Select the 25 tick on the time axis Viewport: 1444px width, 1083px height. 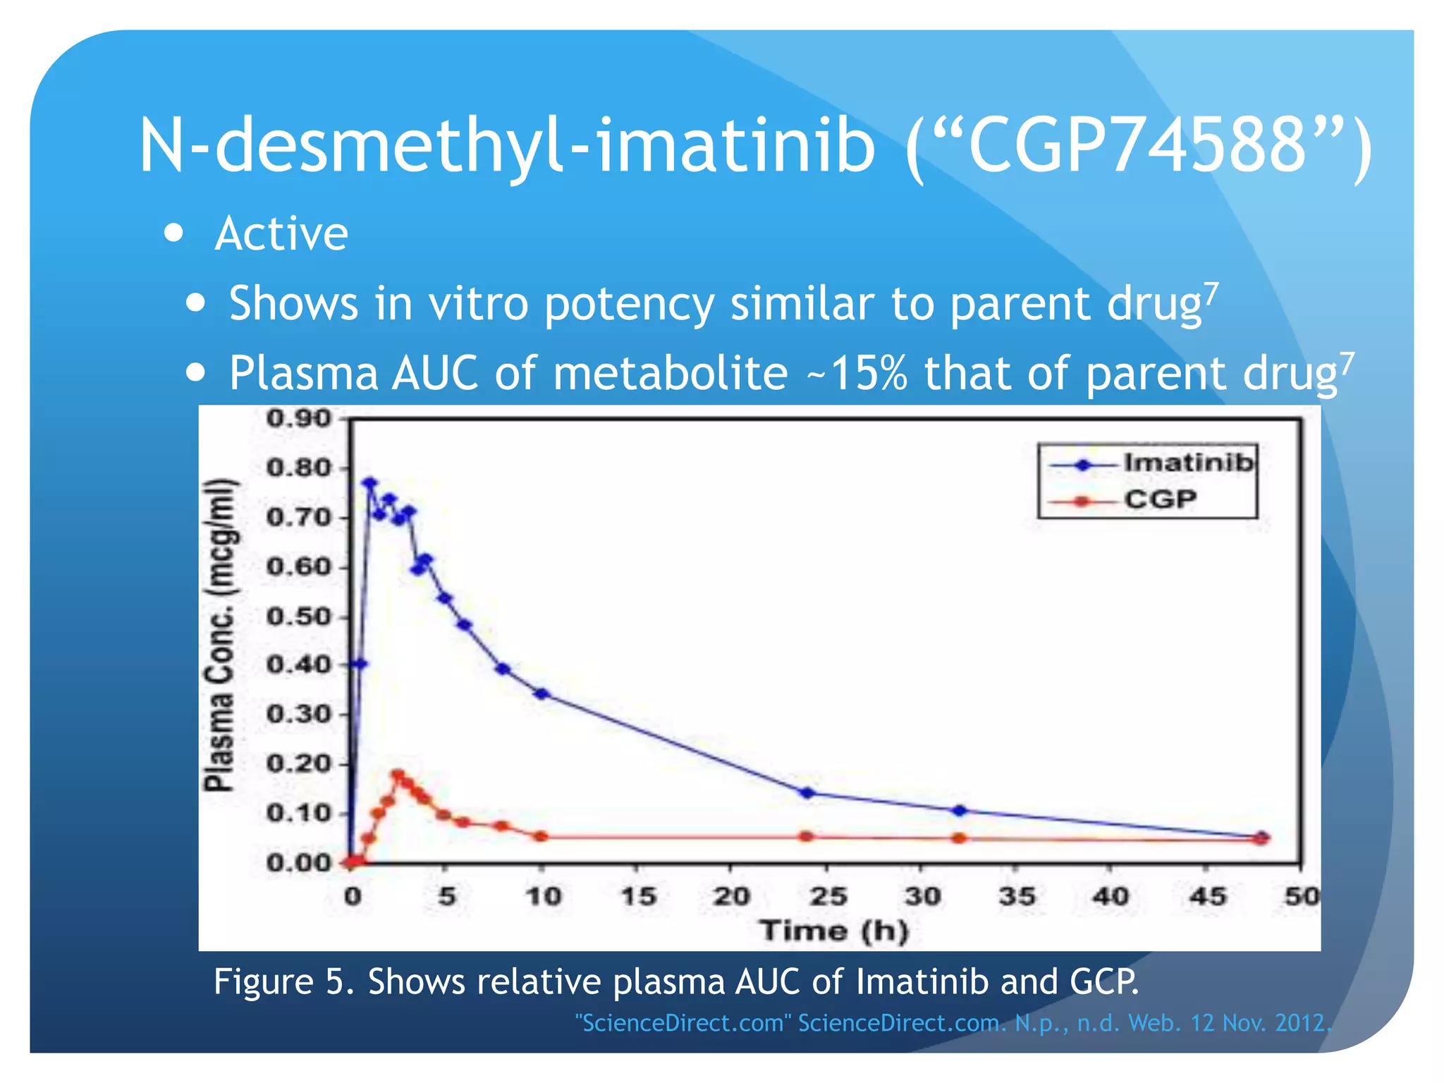827,896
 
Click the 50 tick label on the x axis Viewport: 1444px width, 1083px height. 1301,896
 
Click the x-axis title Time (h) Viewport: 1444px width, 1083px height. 834,931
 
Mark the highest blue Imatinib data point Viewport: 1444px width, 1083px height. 370,484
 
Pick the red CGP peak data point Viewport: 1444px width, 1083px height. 398,775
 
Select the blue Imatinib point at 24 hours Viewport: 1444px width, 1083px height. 808,793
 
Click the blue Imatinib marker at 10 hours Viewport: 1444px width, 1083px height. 541,694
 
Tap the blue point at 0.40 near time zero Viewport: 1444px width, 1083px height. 360,664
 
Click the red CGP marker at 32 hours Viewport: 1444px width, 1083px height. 959,838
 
